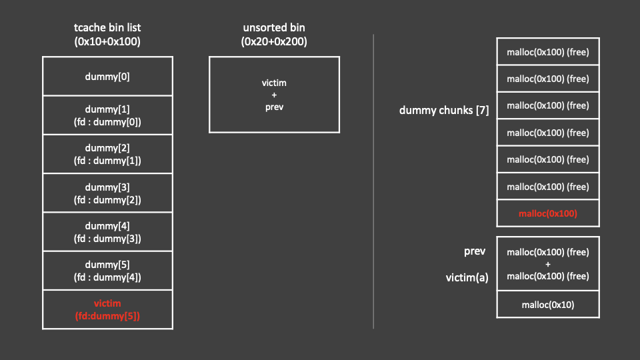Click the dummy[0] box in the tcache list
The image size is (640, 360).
107,76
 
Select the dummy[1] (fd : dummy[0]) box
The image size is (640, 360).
107,115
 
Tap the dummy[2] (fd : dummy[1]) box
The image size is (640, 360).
107,154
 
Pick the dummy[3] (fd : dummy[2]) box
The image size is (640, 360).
107,193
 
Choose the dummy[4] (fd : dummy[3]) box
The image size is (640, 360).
107,232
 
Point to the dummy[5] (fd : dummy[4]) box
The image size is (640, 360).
107,271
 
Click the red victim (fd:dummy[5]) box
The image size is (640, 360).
107,309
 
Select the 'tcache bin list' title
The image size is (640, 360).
107,27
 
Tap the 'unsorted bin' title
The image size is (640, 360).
274,27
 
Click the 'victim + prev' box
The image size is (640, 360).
274,95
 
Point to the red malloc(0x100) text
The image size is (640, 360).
547,213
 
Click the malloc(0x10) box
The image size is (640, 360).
547,305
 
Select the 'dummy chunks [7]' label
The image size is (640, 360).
444,110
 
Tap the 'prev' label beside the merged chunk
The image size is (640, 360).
474,251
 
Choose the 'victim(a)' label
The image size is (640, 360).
467,277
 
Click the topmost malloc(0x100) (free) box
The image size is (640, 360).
547,52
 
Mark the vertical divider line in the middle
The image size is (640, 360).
373,180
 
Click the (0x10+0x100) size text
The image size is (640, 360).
107,41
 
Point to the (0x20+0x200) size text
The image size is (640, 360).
274,41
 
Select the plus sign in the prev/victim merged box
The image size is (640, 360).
547,264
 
